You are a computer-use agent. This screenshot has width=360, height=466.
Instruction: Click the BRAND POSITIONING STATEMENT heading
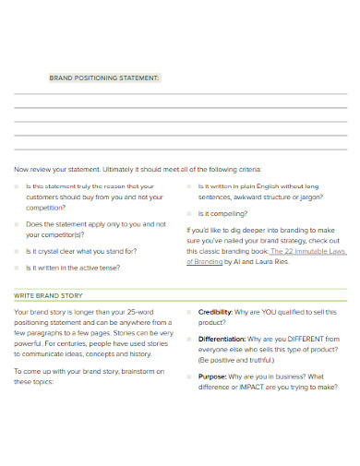(104, 78)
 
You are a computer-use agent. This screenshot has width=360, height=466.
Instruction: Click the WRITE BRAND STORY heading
(48, 295)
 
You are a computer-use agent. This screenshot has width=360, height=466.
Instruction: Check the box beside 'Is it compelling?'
(189, 213)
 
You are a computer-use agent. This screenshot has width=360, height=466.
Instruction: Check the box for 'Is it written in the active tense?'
(18, 268)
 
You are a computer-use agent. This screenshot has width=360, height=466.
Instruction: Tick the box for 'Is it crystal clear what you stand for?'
(18, 250)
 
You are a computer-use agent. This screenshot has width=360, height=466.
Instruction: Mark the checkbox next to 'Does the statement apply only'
(18, 223)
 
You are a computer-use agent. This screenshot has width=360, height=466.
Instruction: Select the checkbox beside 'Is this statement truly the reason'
(18, 185)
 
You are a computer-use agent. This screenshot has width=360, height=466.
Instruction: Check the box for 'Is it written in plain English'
(189, 185)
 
